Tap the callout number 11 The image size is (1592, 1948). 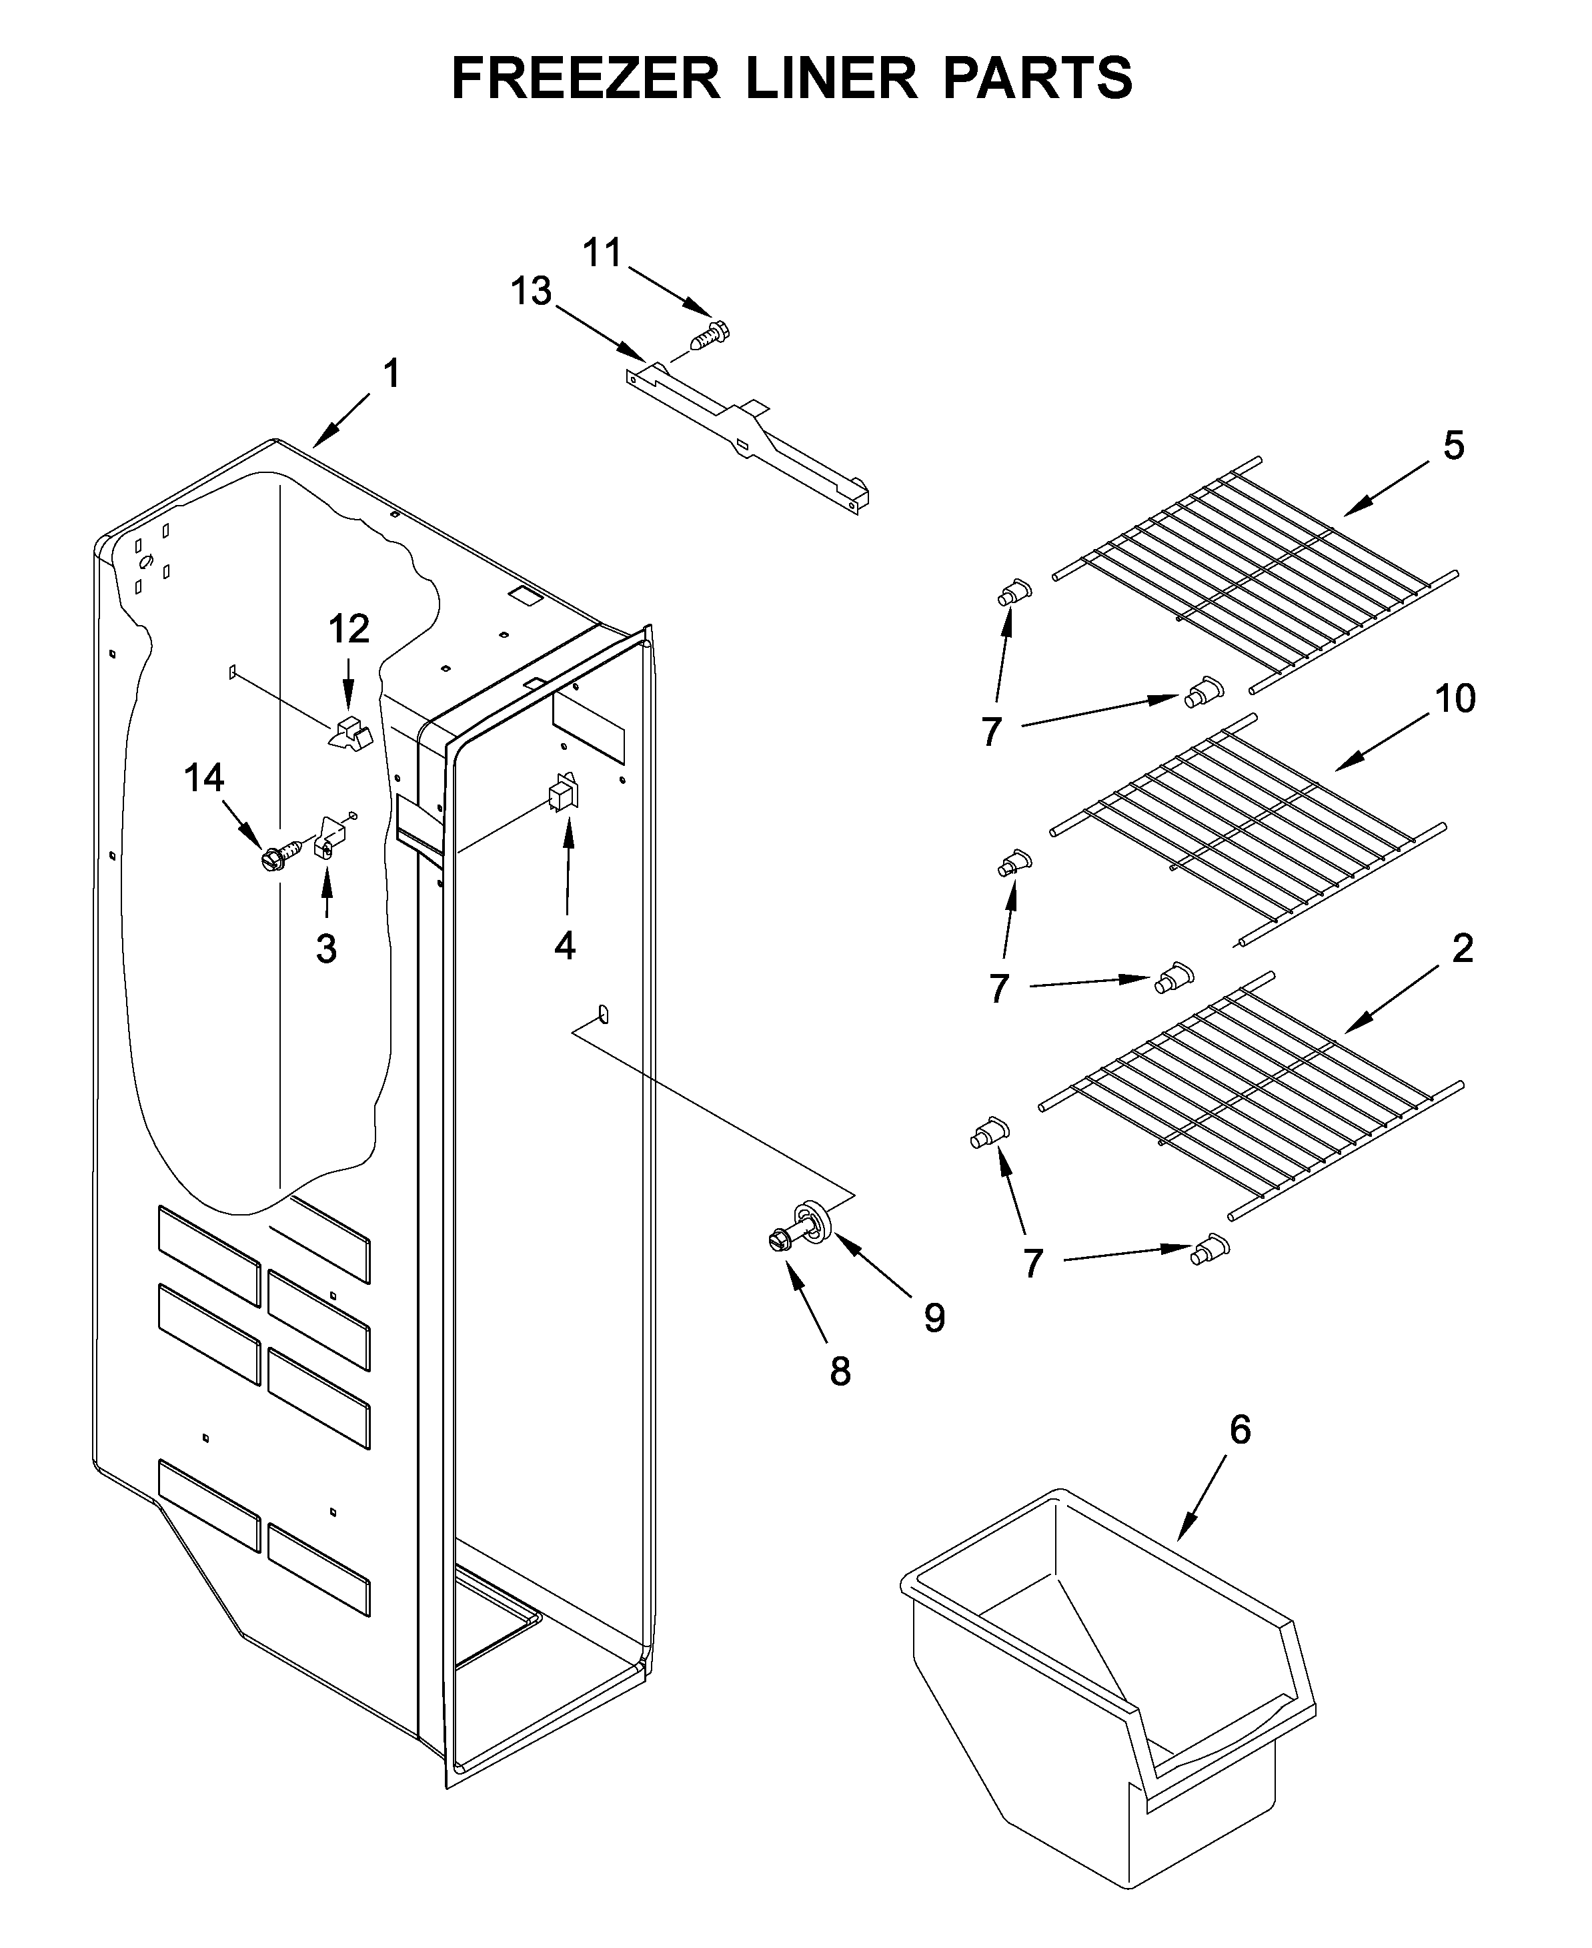point(602,252)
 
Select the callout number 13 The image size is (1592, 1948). point(531,292)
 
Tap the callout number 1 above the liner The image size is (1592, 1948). point(391,374)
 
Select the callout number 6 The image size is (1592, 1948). point(1239,1429)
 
